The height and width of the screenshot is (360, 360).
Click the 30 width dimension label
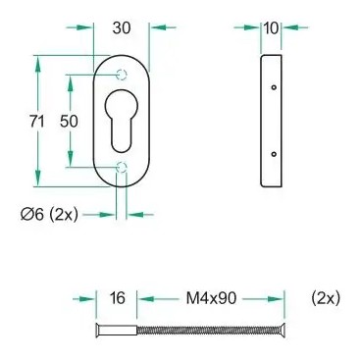click(122, 28)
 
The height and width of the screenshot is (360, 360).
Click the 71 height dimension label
click(37, 122)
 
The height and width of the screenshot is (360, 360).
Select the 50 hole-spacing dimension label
click(69, 122)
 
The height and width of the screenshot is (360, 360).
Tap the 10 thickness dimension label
click(271, 28)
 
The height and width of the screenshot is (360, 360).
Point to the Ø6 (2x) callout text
click(49, 215)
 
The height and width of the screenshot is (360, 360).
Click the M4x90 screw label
click(211, 298)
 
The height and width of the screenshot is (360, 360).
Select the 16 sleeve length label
click(118, 298)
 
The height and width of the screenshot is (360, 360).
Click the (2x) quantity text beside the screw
click(326, 298)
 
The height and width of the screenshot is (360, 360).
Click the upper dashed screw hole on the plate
click(122, 76)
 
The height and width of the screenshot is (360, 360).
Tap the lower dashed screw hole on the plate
click(122, 167)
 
